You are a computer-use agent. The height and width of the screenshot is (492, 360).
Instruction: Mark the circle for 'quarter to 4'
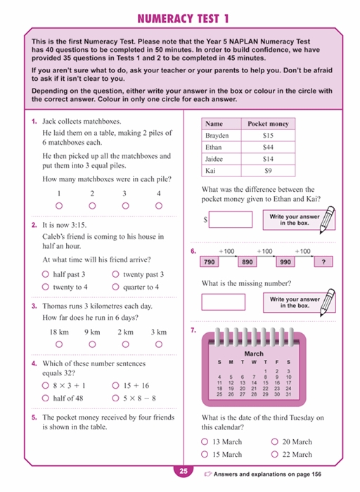coord(116,287)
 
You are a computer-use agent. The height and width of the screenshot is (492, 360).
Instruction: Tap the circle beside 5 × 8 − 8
coord(116,399)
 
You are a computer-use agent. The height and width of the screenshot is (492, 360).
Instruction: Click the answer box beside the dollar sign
coord(231,219)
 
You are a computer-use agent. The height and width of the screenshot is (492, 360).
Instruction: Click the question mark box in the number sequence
coord(323,261)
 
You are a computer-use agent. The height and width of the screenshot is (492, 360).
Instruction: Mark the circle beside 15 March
coord(205,455)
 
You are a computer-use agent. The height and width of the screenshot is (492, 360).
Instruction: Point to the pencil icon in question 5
coord(326,221)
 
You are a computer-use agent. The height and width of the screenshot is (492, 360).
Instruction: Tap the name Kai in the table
coord(210,171)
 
